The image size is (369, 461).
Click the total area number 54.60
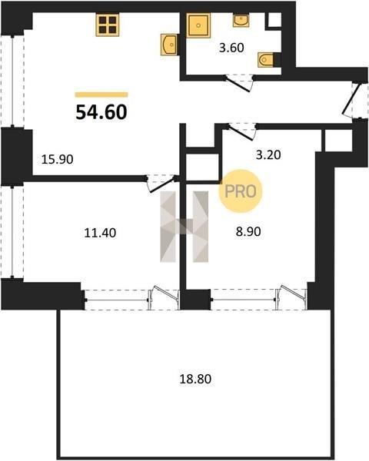coord(101,112)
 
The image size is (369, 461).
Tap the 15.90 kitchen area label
coord(57,160)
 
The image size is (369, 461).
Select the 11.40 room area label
coord(100,233)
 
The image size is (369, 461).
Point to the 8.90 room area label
coord(248,232)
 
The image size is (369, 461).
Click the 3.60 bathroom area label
coord(231,48)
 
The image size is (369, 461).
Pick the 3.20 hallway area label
coord(268,154)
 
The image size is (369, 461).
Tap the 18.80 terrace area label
coord(195,379)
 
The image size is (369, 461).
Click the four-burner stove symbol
coord(108,25)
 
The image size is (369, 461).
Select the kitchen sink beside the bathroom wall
coord(168,45)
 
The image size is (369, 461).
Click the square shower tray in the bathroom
coord(199,25)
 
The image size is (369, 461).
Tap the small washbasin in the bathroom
coord(241,20)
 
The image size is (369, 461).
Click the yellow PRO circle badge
coord(241,191)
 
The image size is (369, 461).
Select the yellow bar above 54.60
coord(101,95)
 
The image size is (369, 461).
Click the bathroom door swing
coord(238,82)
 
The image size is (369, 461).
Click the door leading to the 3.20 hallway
coord(241,131)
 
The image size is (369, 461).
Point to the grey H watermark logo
coord(184,227)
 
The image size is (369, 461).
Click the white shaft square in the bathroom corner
coord(274,20)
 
